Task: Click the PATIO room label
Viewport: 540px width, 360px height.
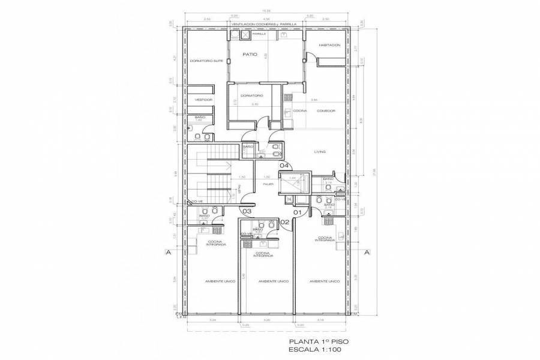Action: click(x=250, y=55)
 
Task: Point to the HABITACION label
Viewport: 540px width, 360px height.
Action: click(x=329, y=46)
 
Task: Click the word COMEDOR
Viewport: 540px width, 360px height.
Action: click(x=326, y=111)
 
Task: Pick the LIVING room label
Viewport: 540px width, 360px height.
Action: click(x=319, y=152)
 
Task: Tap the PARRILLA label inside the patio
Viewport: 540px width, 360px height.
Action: click(x=259, y=34)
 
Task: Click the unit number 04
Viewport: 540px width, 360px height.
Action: click(x=284, y=166)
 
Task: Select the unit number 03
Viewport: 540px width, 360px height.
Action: click(x=246, y=211)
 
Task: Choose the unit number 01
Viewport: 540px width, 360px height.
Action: click(x=296, y=211)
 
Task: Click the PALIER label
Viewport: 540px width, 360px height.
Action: click(x=268, y=184)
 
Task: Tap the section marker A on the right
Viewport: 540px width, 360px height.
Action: click(x=367, y=253)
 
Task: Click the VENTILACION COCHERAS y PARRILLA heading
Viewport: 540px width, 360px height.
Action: click(x=265, y=25)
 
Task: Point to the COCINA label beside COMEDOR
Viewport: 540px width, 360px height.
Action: click(x=299, y=111)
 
